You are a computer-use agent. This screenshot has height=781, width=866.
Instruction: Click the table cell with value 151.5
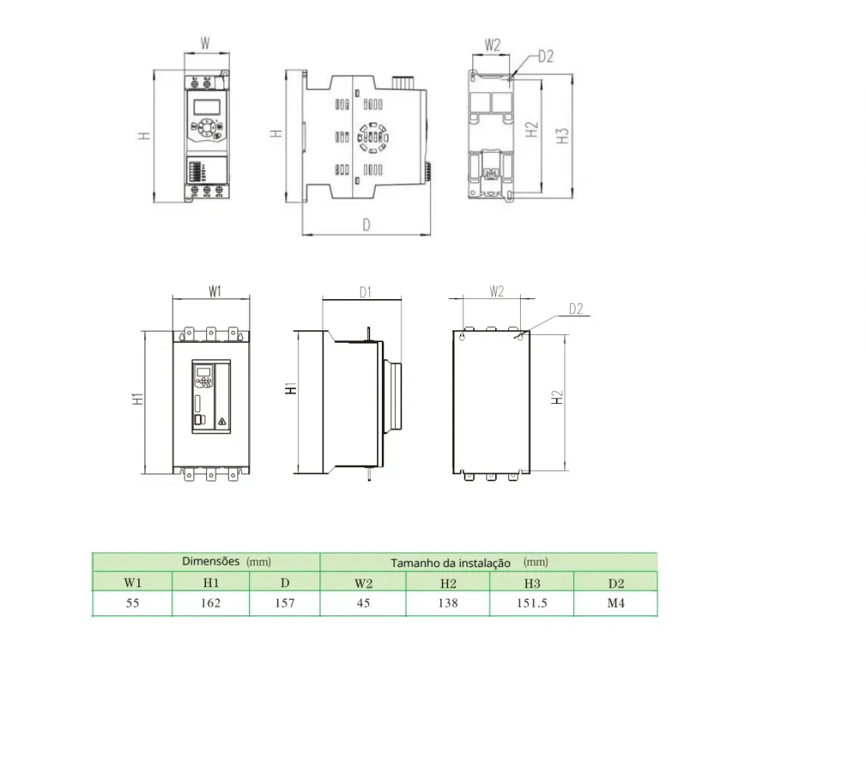point(532,603)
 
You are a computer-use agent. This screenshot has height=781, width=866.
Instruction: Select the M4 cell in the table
point(616,603)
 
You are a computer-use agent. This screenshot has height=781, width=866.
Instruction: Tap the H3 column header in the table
point(532,583)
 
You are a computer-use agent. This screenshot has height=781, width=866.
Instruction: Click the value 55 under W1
point(133,603)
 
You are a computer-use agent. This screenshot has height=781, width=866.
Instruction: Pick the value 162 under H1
point(210,603)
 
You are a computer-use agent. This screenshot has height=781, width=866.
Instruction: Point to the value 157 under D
point(285,603)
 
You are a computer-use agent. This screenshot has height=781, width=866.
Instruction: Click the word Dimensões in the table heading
point(211,562)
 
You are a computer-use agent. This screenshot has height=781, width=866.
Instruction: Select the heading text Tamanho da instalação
point(451,563)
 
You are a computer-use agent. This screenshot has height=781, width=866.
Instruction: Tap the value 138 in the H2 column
point(448,603)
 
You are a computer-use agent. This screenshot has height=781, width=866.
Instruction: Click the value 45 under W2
point(363,603)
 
